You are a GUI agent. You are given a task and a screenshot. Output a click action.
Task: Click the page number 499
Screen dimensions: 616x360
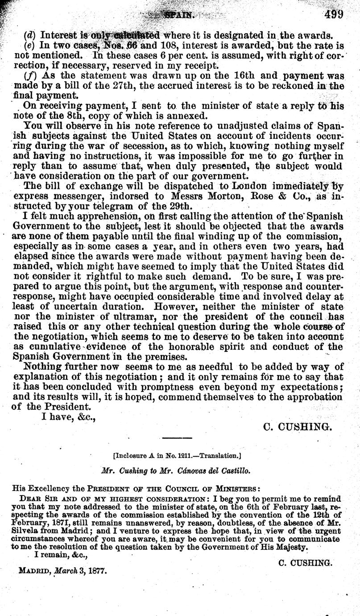[x=334, y=14]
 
